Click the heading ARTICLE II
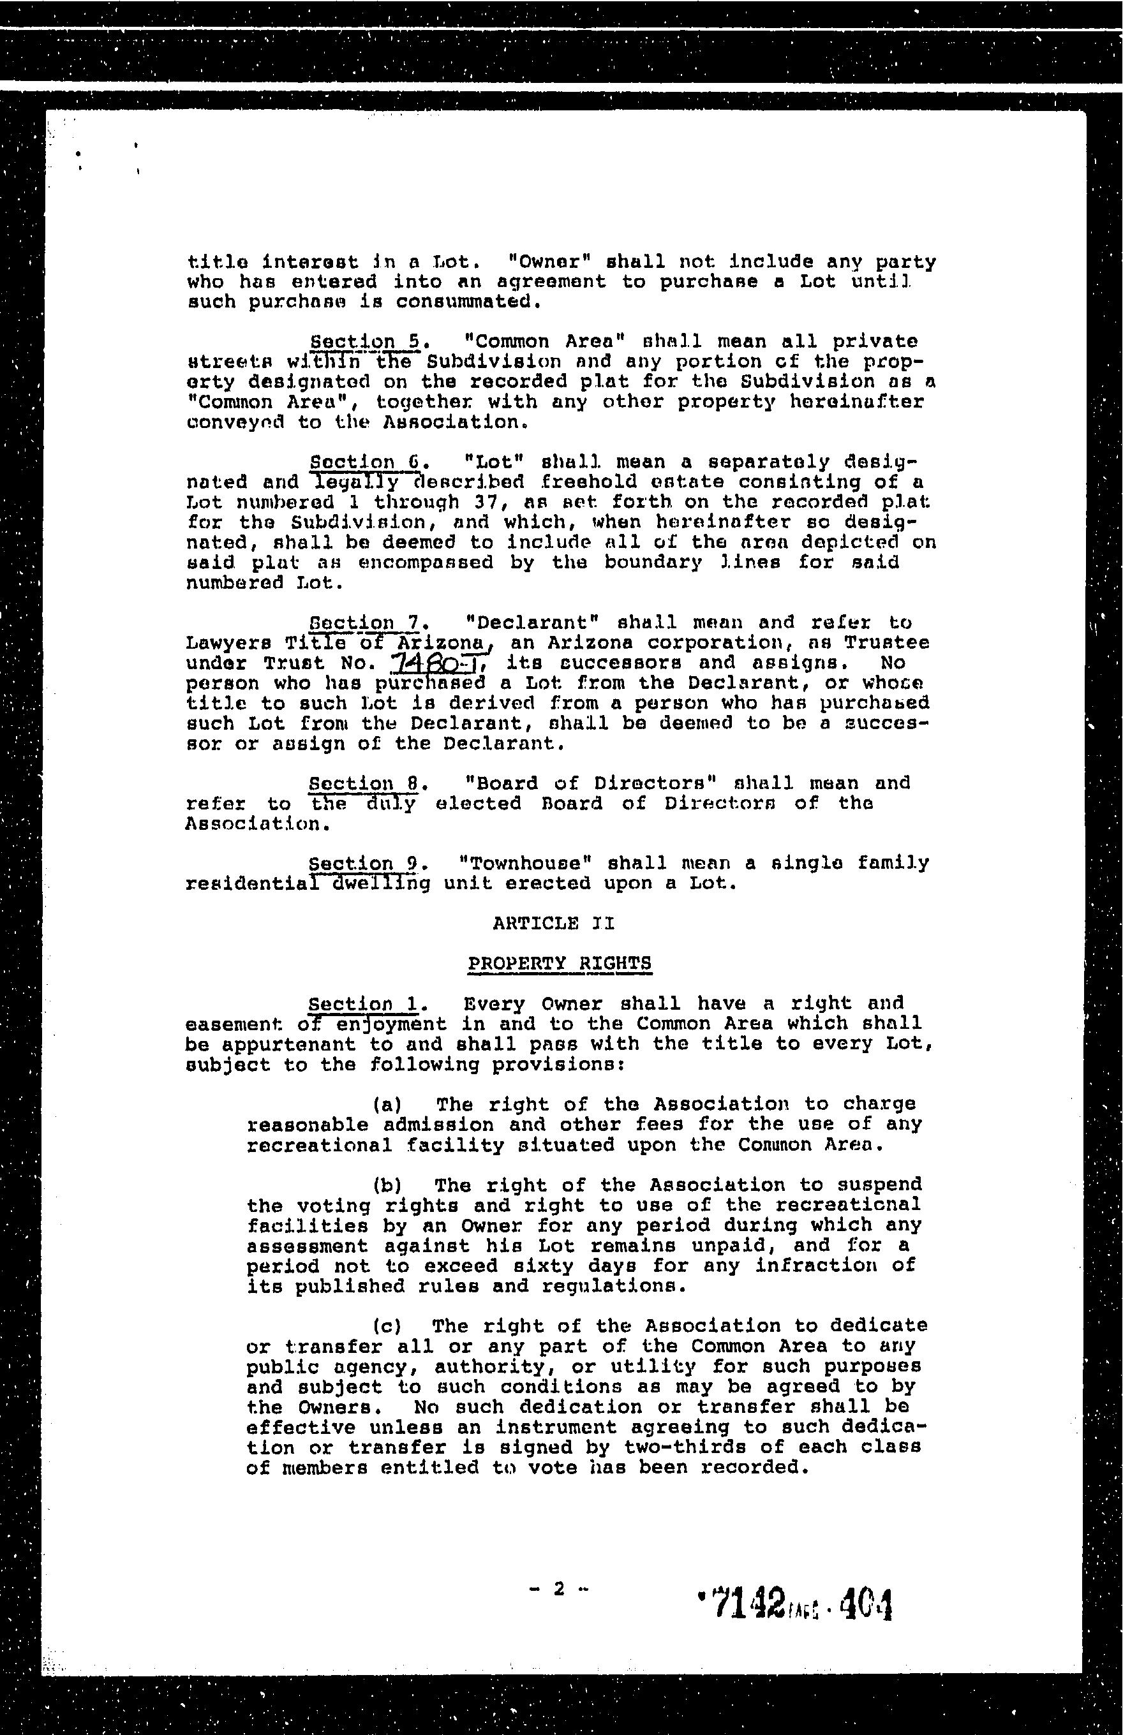tap(553, 923)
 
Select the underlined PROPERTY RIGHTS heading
tap(560, 963)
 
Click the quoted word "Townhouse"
tap(524, 863)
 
